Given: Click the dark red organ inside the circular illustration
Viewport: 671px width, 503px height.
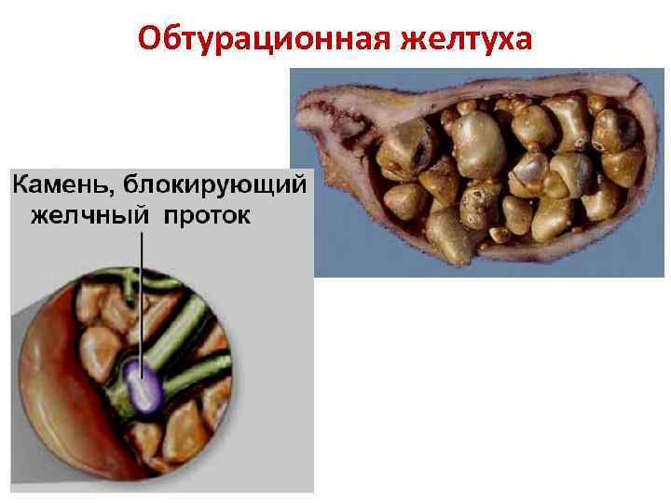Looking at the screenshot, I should click(65, 391).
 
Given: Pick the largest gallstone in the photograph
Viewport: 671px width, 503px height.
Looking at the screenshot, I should click(478, 144).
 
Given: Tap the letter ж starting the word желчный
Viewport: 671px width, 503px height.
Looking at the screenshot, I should click(42, 216).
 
